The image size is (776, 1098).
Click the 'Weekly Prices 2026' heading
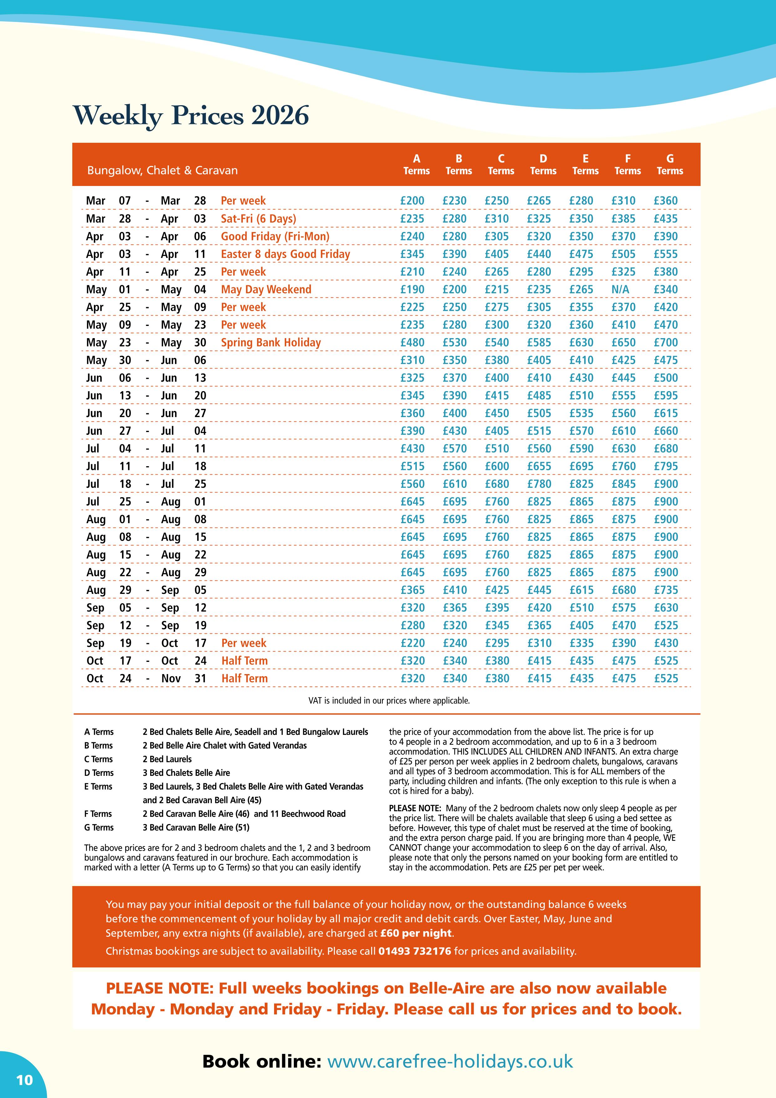tap(191, 116)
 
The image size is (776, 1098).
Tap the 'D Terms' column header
tap(543, 164)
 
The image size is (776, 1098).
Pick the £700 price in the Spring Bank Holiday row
tap(666, 343)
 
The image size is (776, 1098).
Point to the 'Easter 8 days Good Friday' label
tap(285, 254)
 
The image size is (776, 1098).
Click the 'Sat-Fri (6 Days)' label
tap(258, 219)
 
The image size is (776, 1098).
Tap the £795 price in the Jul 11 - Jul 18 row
tap(666, 466)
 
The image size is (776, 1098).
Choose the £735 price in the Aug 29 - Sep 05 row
tap(666, 590)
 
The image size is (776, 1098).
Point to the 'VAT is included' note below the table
tap(389, 701)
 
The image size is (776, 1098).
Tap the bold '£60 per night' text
tap(416, 933)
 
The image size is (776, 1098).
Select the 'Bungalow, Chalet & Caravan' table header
tap(162, 171)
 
